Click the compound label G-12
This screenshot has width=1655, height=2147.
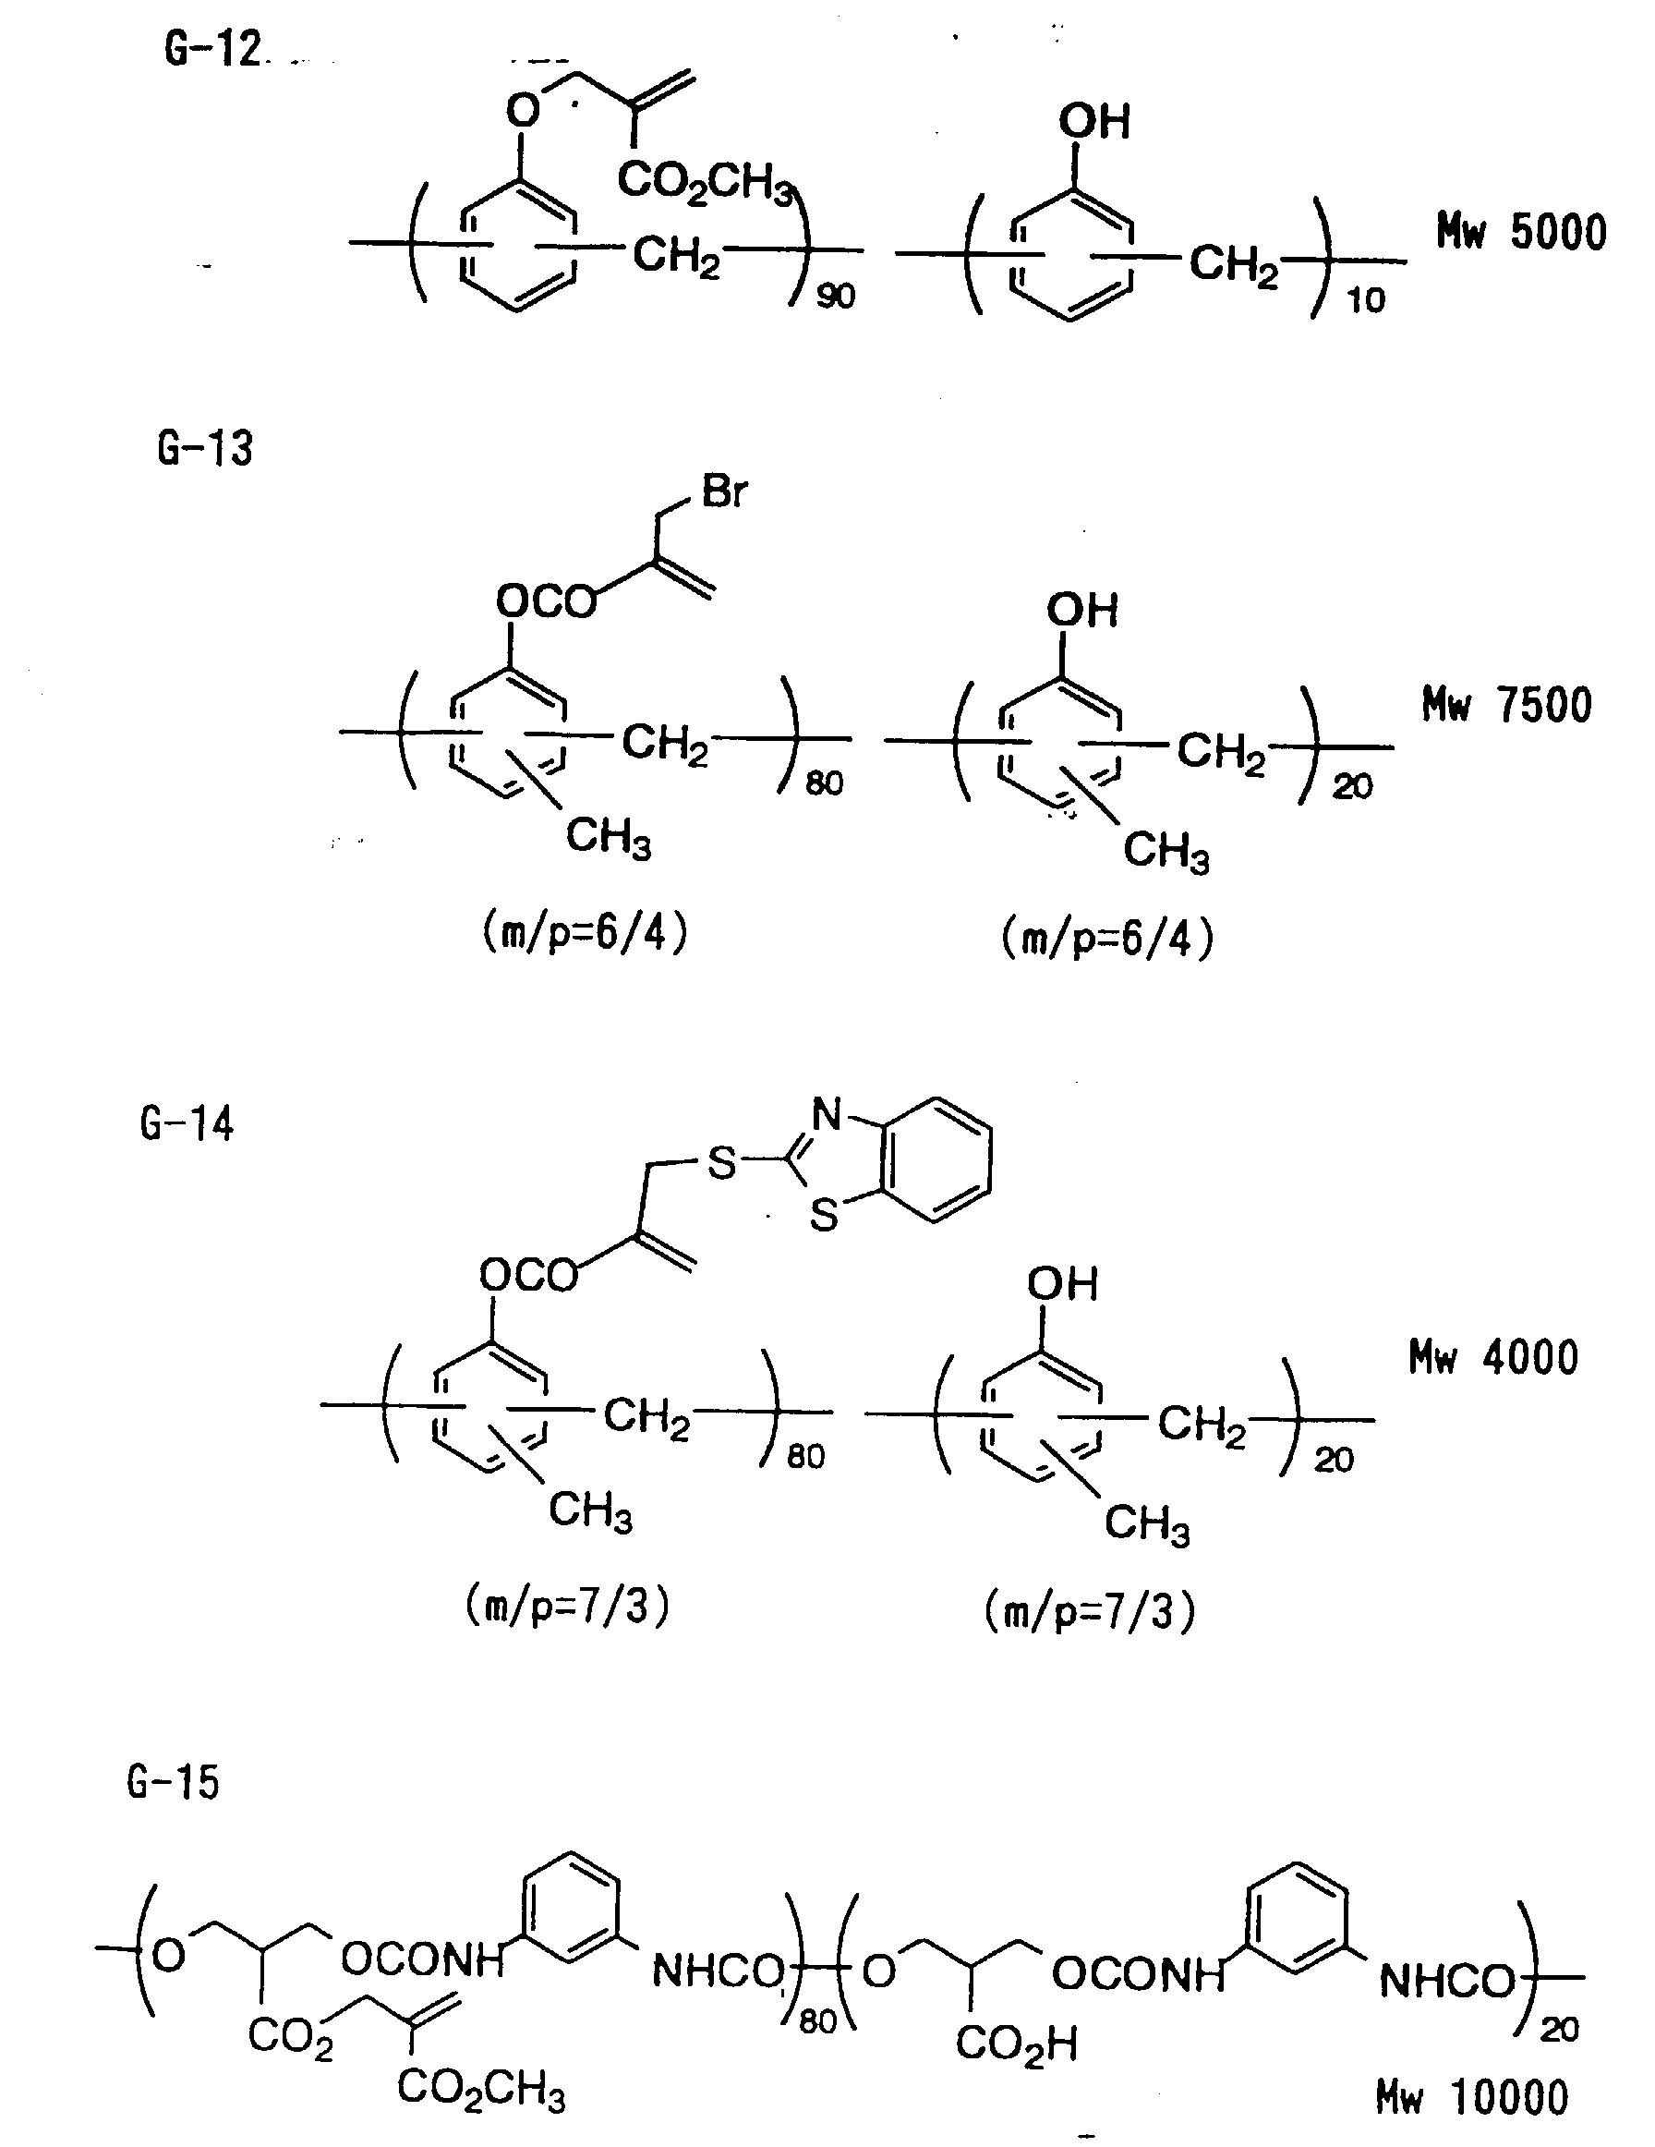pyautogui.click(x=212, y=49)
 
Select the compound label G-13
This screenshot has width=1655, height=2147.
pyautogui.click(x=204, y=448)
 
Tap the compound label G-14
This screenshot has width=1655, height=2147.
pyautogui.click(x=187, y=1123)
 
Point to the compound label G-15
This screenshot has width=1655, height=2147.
pyautogui.click(x=174, y=1782)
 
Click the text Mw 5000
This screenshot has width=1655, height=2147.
pyautogui.click(x=1521, y=233)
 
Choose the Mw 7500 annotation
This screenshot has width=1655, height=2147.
pyautogui.click(x=1506, y=706)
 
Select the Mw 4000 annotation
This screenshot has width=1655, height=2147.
pyautogui.click(x=1492, y=1358)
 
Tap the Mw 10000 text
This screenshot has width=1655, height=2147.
pyautogui.click(x=1471, y=2098)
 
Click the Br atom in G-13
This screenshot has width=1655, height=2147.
pyautogui.click(x=724, y=491)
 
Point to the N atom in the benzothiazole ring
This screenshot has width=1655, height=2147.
pyautogui.click(x=827, y=1115)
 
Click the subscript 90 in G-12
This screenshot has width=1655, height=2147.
pyautogui.click(x=836, y=296)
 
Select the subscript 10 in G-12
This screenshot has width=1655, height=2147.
pyautogui.click(x=1365, y=300)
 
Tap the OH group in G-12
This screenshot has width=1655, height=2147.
pyautogui.click(x=1093, y=122)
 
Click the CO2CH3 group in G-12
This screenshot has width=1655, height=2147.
pyautogui.click(x=705, y=183)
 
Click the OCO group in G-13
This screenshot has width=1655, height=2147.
pyautogui.click(x=547, y=600)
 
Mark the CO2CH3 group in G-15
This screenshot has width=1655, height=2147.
pyautogui.click(x=480, y=2088)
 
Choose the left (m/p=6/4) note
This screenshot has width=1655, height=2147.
pyautogui.click(x=585, y=933)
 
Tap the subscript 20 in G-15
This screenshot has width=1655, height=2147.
pyautogui.click(x=1558, y=2029)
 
